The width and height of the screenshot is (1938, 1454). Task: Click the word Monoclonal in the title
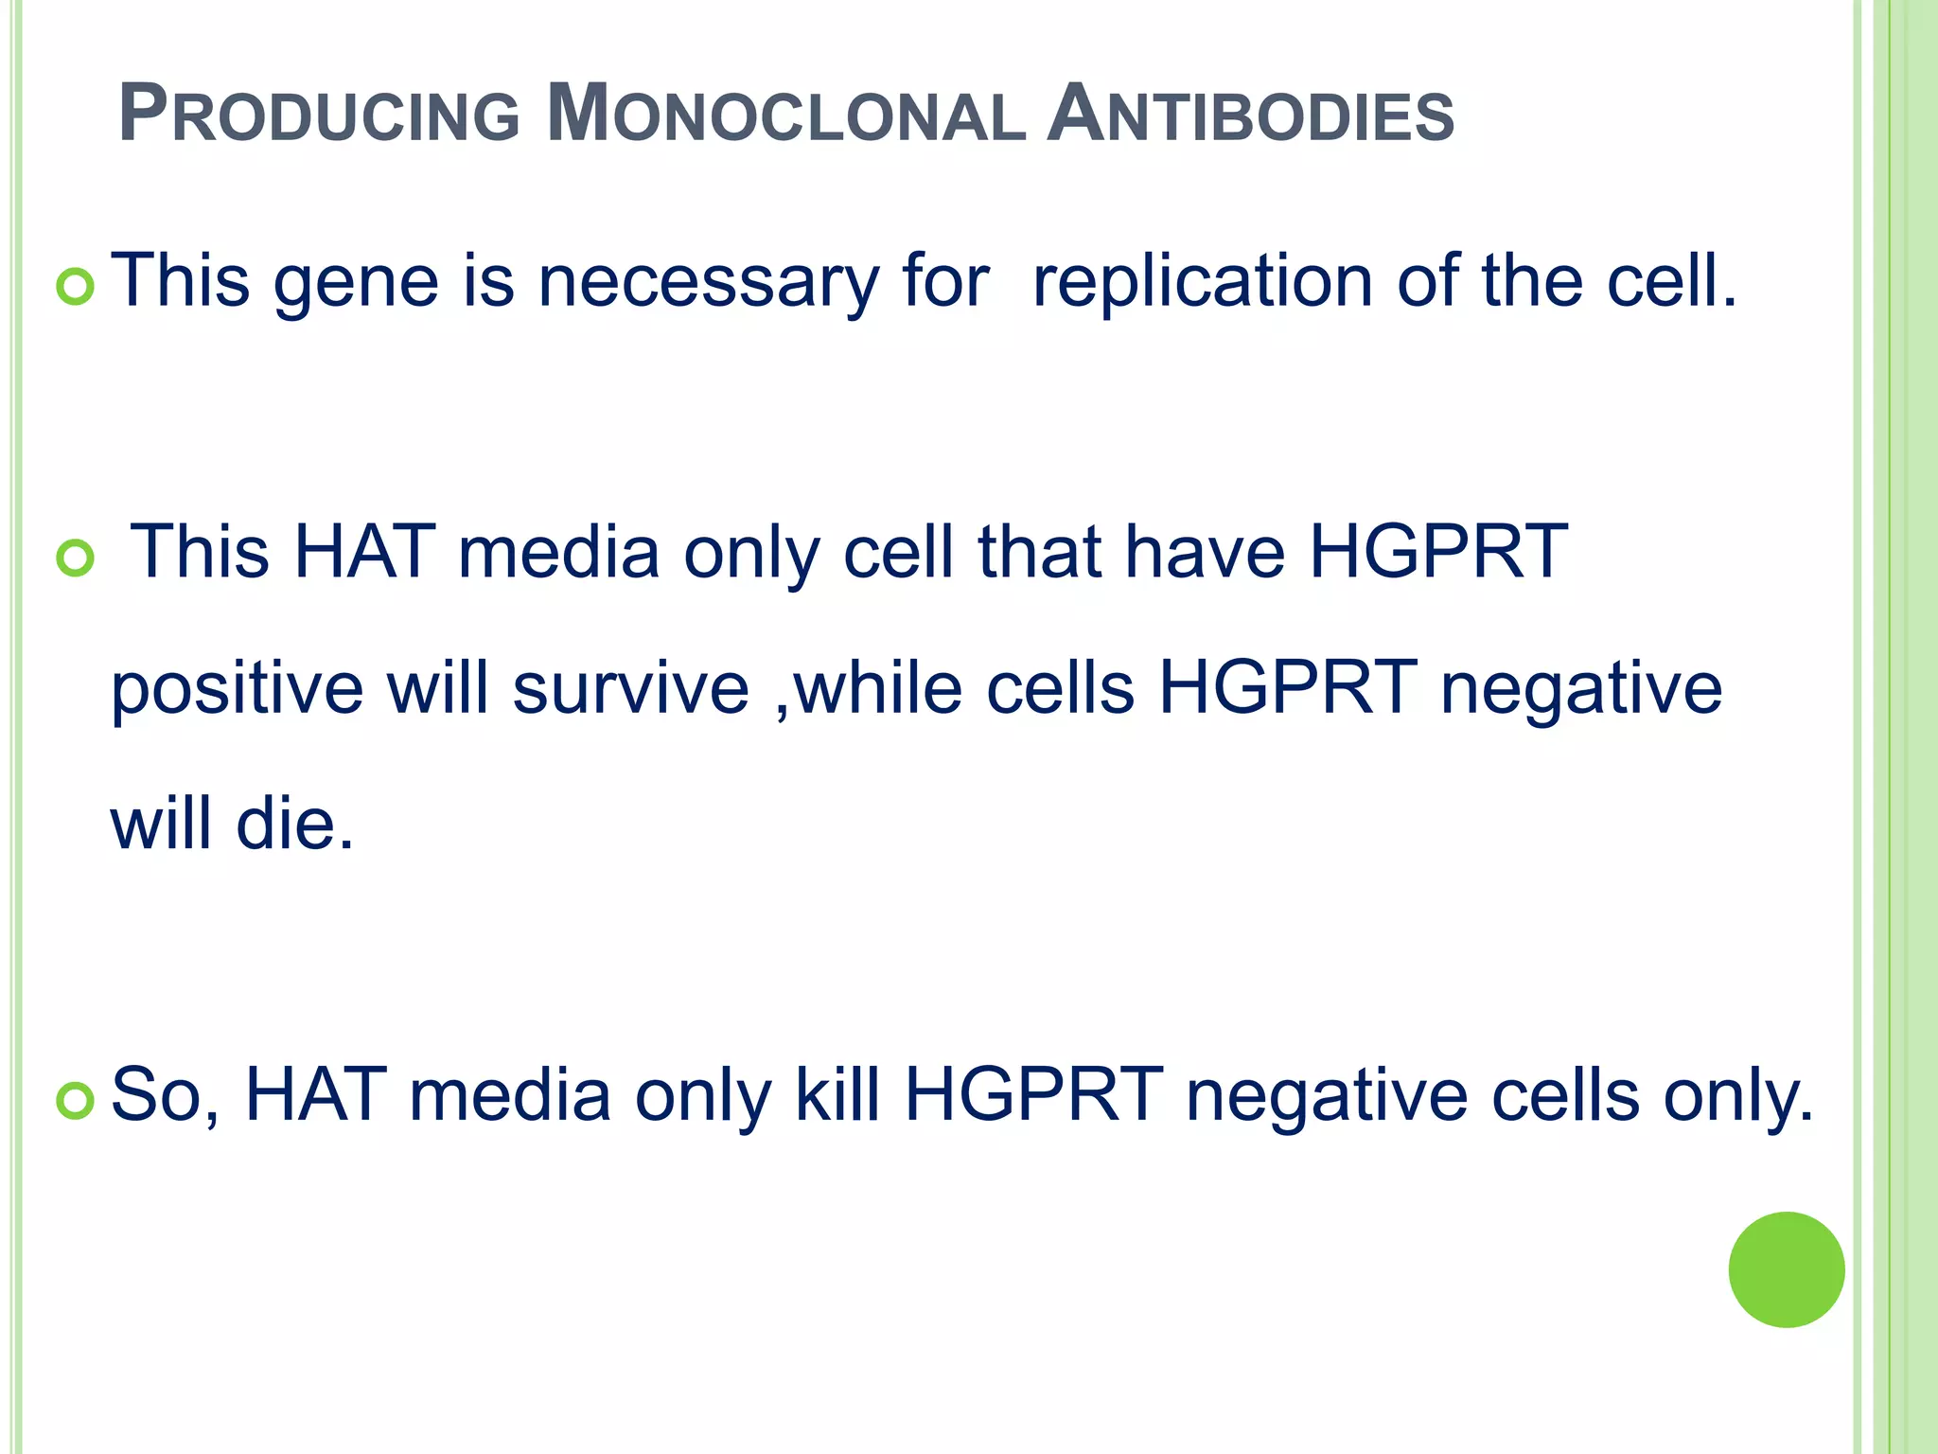pyautogui.click(x=786, y=115)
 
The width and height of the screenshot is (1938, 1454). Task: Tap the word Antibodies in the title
pyautogui.click(x=1250, y=115)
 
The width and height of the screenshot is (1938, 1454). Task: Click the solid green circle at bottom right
pyautogui.click(x=1786, y=1269)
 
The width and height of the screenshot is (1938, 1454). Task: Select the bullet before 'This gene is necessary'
pyautogui.click(x=76, y=287)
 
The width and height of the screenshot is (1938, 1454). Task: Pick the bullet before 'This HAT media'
pyautogui.click(x=76, y=559)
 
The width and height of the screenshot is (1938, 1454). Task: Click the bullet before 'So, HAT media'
pyautogui.click(x=76, y=1101)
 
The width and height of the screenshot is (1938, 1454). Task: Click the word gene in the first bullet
pyautogui.click(x=357, y=284)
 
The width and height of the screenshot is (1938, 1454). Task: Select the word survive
pyautogui.click(x=630, y=689)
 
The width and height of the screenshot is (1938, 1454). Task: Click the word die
pyautogui.click(x=294, y=824)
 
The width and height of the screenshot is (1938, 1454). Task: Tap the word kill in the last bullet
pyautogui.click(x=837, y=1095)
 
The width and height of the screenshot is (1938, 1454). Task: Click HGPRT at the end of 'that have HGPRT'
pyautogui.click(x=1437, y=553)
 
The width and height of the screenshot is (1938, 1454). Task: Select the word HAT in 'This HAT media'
pyautogui.click(x=364, y=553)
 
